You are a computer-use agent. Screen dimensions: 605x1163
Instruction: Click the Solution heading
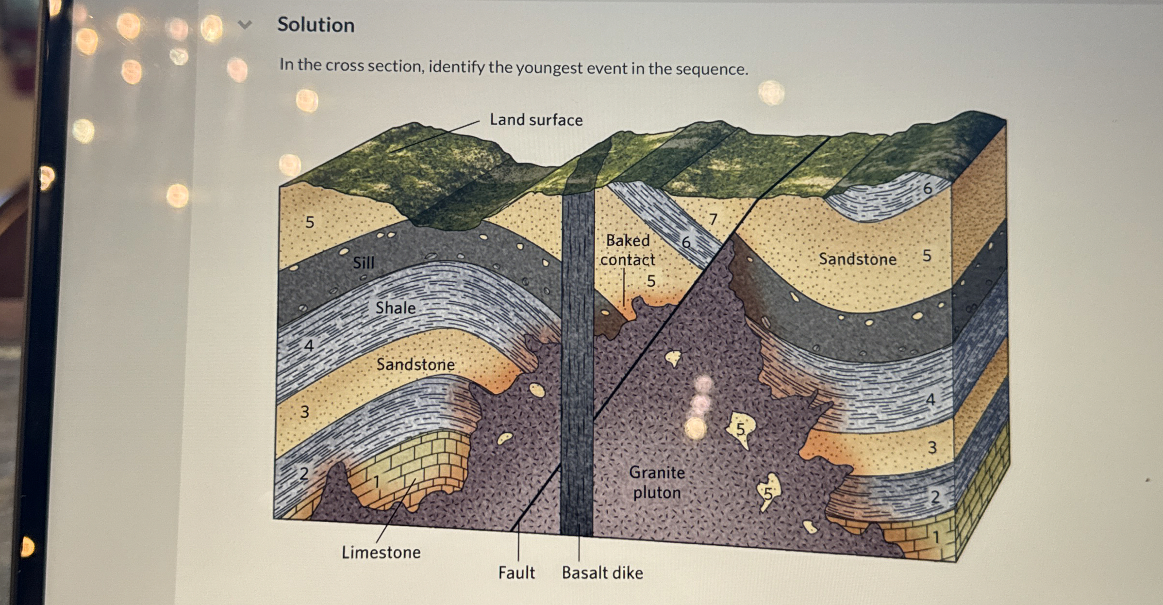(x=316, y=25)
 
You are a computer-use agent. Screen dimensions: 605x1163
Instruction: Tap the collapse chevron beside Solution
(x=245, y=24)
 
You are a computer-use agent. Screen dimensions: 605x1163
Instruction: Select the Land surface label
(x=536, y=120)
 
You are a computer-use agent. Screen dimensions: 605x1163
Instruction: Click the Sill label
(x=364, y=263)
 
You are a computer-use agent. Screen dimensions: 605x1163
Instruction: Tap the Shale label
(x=395, y=308)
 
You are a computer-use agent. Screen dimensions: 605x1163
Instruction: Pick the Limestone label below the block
(x=381, y=552)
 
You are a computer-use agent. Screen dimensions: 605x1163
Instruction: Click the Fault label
(x=516, y=572)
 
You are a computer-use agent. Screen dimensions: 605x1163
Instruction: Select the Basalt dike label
(x=602, y=572)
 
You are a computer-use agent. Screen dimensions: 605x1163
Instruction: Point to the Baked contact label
(x=628, y=250)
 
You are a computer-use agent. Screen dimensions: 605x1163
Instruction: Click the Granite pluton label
(x=657, y=482)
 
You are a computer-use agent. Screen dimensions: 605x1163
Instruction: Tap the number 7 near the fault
(x=713, y=219)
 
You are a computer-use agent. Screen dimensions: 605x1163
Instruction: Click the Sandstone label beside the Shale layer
(x=415, y=364)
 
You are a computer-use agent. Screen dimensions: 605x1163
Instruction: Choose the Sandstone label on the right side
(x=857, y=259)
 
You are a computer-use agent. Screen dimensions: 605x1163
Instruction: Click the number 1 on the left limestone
(x=376, y=482)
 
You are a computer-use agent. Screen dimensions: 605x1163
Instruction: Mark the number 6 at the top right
(x=927, y=188)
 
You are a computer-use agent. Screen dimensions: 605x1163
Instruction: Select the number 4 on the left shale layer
(x=309, y=345)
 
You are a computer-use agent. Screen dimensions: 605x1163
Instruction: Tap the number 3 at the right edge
(x=932, y=447)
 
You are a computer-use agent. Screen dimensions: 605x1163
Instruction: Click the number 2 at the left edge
(x=304, y=473)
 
